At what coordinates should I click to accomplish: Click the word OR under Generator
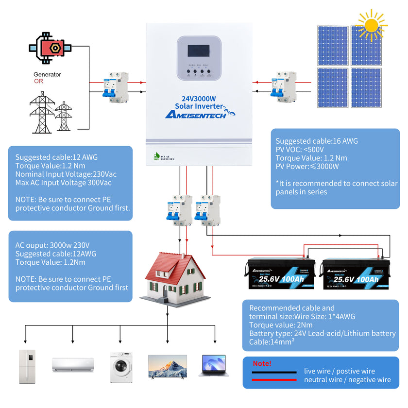(38, 81)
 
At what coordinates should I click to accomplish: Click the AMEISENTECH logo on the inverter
(197, 115)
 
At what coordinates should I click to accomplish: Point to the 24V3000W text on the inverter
(199, 98)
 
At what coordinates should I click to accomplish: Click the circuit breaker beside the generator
(115, 86)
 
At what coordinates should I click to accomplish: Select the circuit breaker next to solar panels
(283, 86)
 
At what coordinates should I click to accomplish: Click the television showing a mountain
(167, 365)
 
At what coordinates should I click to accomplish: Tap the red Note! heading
(262, 364)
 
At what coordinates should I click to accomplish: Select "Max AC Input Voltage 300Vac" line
(63, 183)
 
